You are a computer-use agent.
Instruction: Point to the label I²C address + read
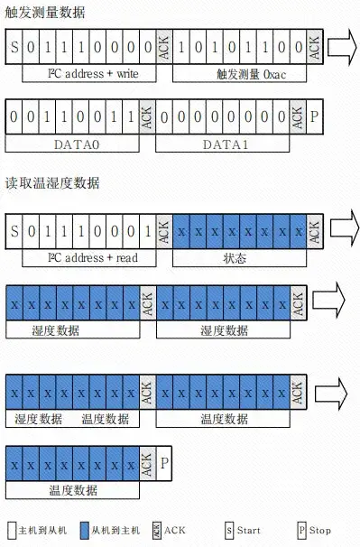[x=80, y=257]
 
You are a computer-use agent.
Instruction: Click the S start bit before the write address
[x=14, y=45]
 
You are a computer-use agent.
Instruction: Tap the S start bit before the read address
[x=14, y=232]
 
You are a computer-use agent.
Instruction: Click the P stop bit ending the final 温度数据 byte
[x=164, y=464]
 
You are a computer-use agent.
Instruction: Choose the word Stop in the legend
[x=319, y=530]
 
